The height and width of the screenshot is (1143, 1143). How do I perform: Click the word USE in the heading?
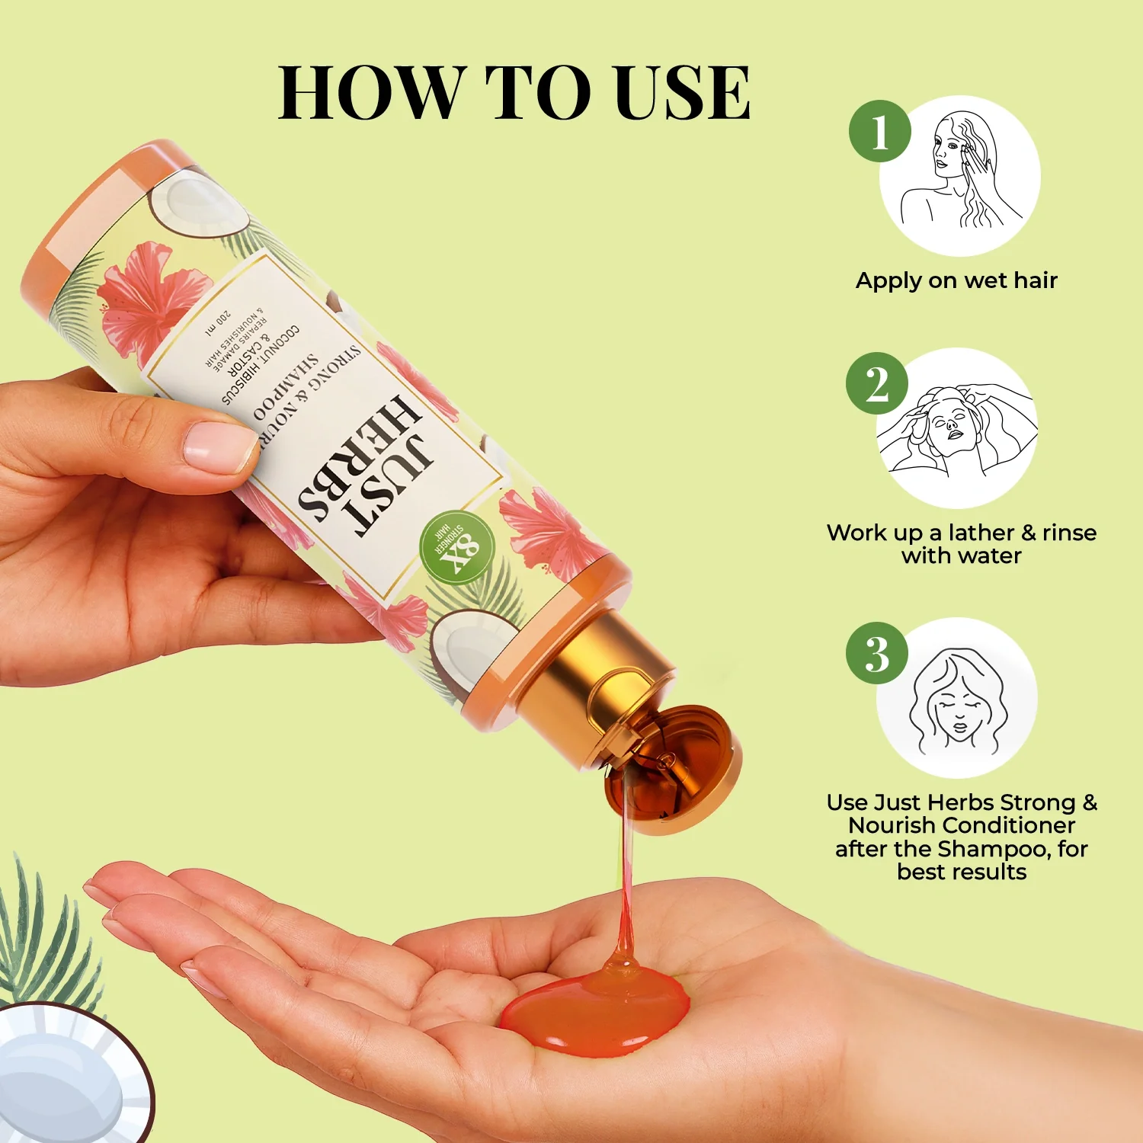[683, 93]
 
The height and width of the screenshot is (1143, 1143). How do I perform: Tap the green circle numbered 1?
[880, 131]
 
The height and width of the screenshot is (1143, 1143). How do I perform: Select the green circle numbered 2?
[877, 383]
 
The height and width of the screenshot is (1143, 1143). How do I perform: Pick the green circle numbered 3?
[877, 653]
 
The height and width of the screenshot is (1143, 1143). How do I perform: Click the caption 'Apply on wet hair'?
[956, 280]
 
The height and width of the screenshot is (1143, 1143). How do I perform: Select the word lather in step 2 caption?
[981, 533]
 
